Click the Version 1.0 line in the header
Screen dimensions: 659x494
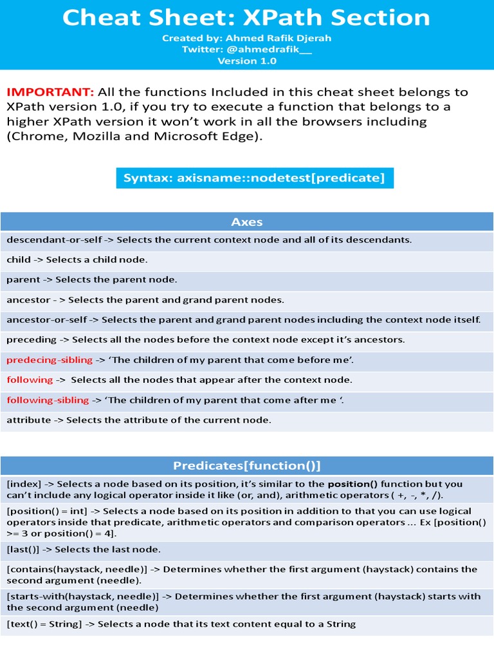point(247,61)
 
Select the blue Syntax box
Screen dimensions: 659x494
point(254,178)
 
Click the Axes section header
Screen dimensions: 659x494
point(247,222)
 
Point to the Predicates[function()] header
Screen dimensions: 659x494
point(247,465)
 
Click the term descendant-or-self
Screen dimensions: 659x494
point(54,240)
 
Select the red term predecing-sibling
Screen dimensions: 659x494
point(50,360)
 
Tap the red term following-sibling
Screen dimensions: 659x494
point(48,400)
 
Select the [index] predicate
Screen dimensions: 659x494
point(23,484)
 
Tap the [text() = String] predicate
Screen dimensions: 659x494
point(44,624)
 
